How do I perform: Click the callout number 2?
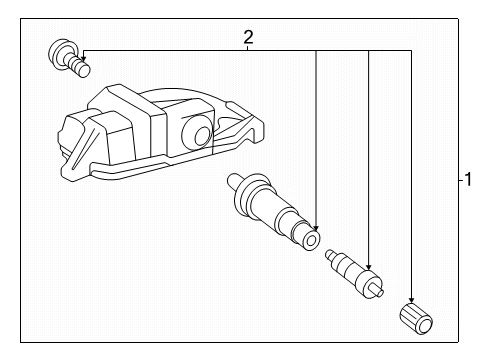point(248,37)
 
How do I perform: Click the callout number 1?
point(468,179)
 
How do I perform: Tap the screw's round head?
point(59,53)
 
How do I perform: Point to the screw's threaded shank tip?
point(83,69)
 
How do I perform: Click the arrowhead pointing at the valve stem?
point(316,228)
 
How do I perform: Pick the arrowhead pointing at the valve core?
point(368,266)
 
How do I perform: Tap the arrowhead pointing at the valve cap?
point(411,300)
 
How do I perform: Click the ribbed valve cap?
point(416,318)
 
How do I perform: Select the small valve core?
point(355,274)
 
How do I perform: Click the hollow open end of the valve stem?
point(312,240)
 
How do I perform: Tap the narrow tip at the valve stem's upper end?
point(233,180)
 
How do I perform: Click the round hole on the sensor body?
point(202,136)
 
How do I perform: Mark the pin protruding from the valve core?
point(379,291)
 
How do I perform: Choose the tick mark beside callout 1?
point(461,180)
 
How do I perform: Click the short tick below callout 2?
point(248,48)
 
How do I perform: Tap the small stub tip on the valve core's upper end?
point(329,254)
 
